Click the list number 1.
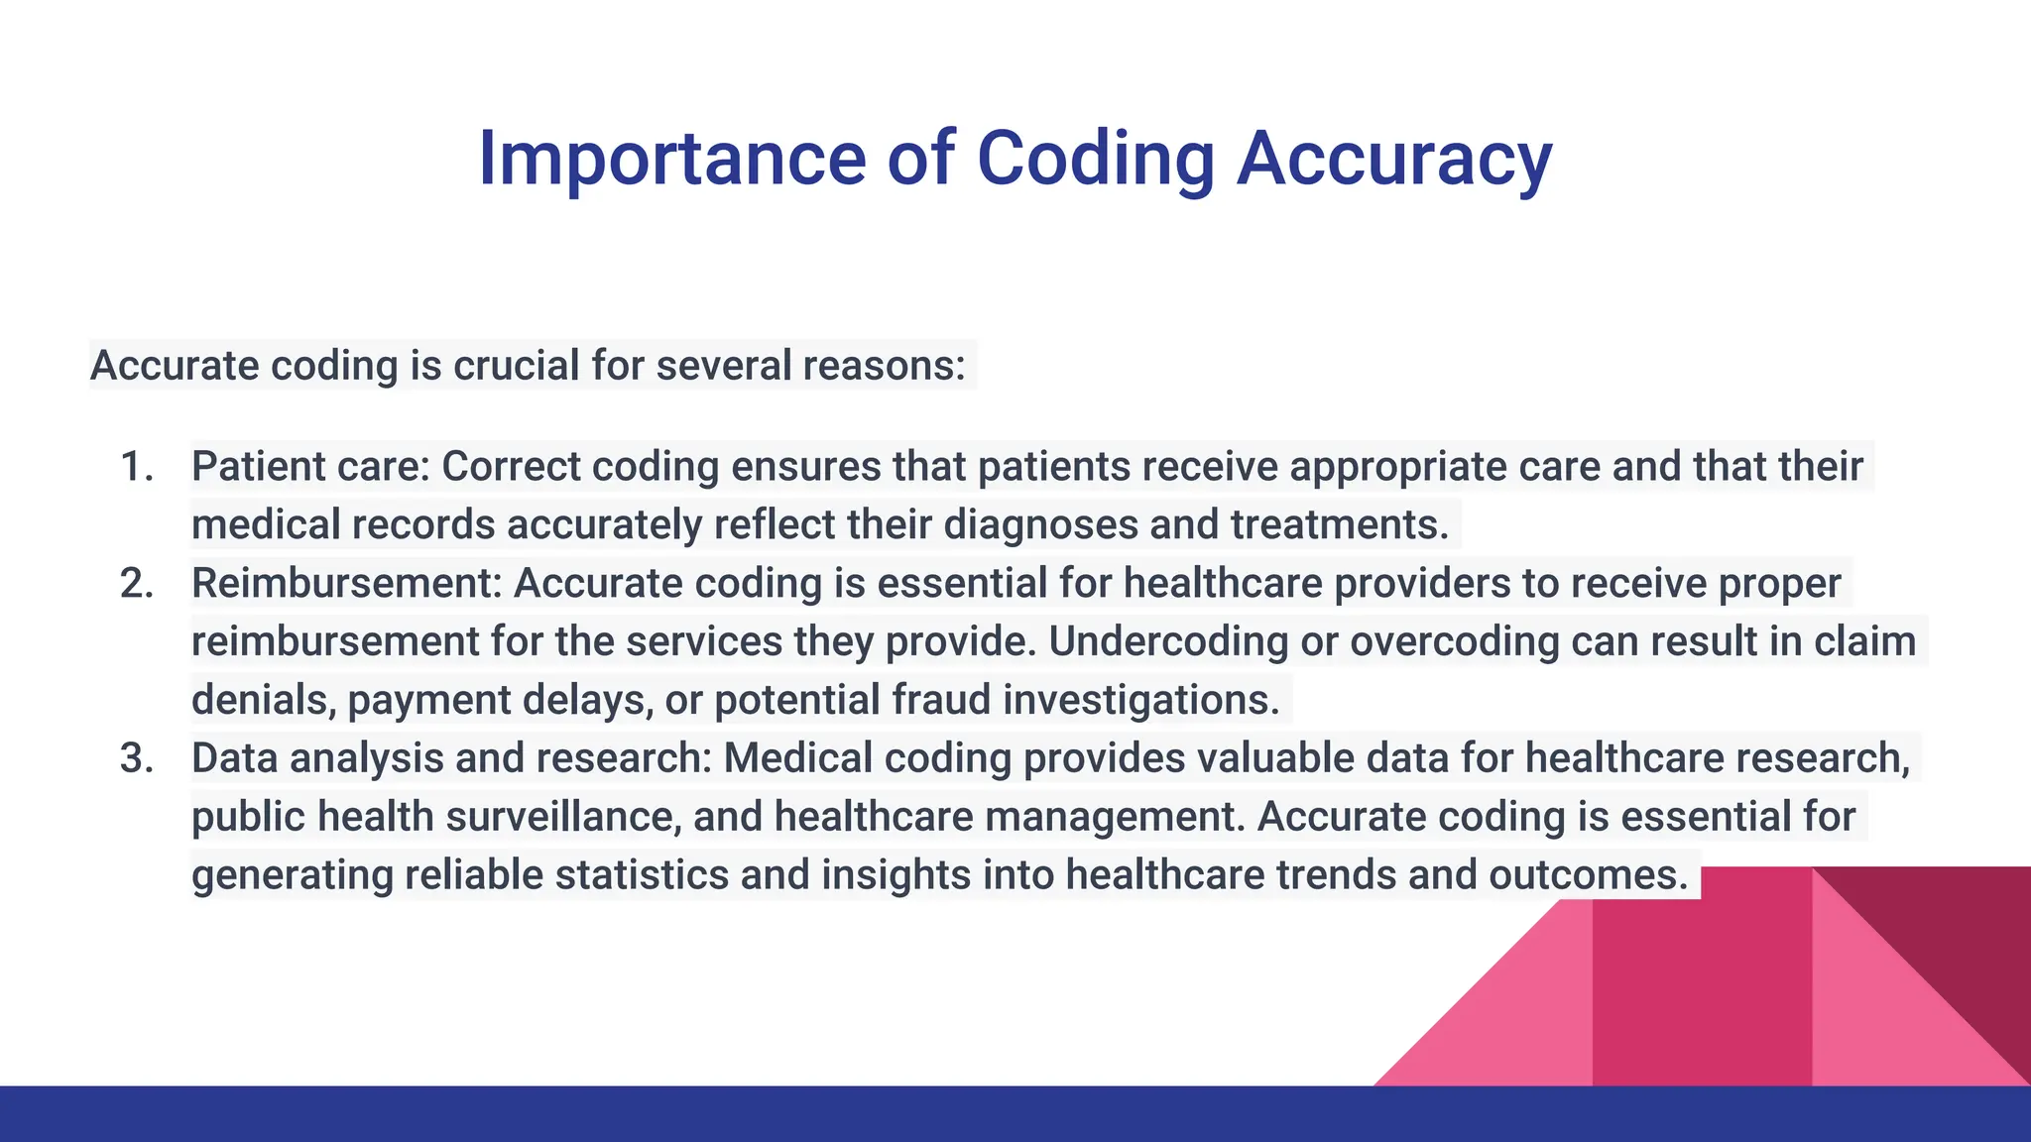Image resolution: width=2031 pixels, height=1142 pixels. coord(137,467)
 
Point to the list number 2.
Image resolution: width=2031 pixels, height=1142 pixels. coord(137,584)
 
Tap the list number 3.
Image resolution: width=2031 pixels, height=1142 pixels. coord(137,759)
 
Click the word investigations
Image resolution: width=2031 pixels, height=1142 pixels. coord(1140,701)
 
